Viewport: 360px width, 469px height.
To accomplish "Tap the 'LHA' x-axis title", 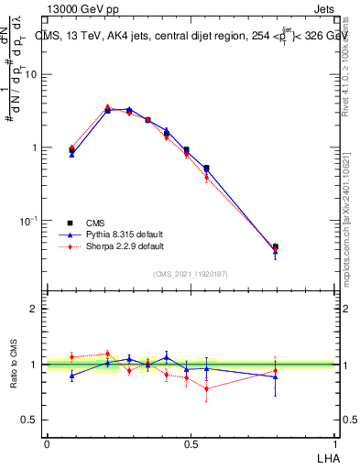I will tap(327, 457).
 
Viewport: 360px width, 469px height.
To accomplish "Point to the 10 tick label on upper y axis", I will tap(32, 75).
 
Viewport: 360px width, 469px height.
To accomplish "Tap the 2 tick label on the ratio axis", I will tap(34, 309).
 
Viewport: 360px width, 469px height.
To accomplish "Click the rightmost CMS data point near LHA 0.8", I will tap(276, 246).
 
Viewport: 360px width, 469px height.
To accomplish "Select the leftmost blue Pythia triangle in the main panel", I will tap(72, 154).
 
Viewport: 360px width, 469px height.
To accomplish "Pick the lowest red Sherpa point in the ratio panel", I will tap(207, 388).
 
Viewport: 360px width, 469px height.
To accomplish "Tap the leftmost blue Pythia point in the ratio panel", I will tap(72, 376).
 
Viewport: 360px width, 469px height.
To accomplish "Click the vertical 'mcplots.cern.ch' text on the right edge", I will tap(345, 220).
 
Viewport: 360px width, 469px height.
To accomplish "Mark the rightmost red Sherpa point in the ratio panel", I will tap(276, 371).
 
